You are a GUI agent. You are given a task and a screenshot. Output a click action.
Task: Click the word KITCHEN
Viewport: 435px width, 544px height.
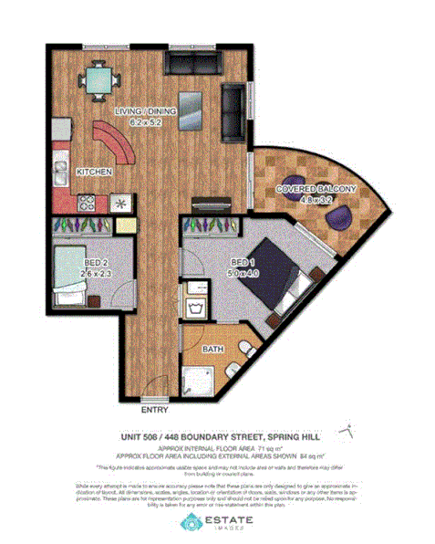tap(94, 171)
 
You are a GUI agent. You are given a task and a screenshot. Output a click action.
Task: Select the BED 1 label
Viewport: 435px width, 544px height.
tap(243, 260)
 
